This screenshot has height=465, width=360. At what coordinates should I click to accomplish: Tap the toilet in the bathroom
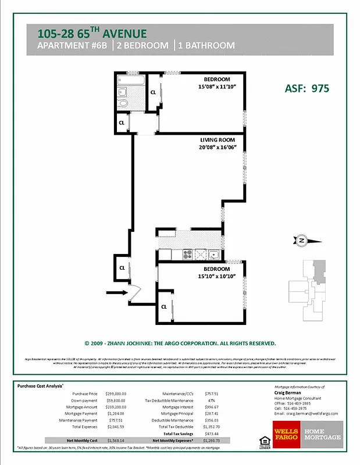[x=123, y=103]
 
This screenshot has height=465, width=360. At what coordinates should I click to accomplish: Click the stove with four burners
[x=188, y=254]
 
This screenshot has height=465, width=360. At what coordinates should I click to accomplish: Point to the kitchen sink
[x=213, y=254]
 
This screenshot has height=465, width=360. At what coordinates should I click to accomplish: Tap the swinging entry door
[x=134, y=292]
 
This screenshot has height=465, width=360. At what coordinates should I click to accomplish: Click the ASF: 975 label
[x=307, y=88]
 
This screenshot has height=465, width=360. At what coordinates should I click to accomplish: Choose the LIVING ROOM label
[x=218, y=140]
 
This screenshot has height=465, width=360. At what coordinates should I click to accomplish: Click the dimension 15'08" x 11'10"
[x=216, y=87]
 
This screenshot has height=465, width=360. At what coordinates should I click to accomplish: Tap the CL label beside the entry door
[x=122, y=268]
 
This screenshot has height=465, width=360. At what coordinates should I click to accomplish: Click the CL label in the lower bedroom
[x=164, y=306]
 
